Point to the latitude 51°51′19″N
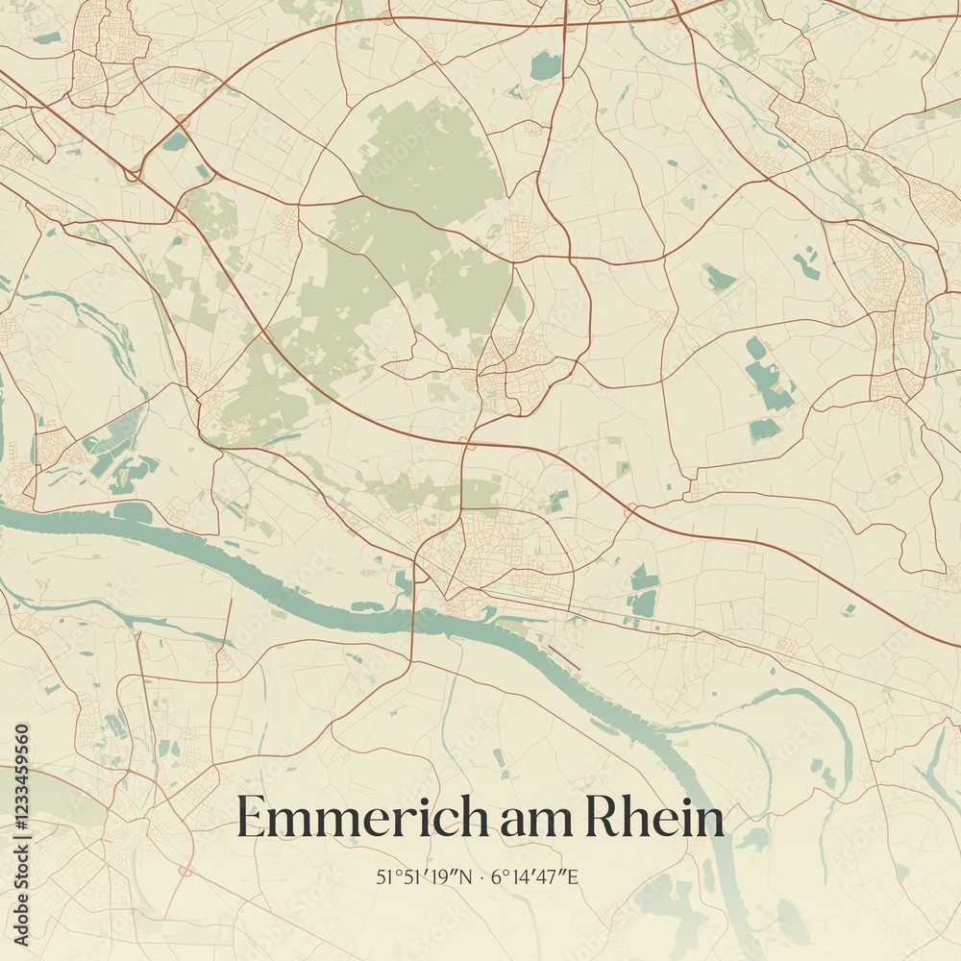423,876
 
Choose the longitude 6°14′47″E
535,876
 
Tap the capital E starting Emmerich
252,818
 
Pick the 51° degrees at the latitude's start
386,876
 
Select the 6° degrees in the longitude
497,876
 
